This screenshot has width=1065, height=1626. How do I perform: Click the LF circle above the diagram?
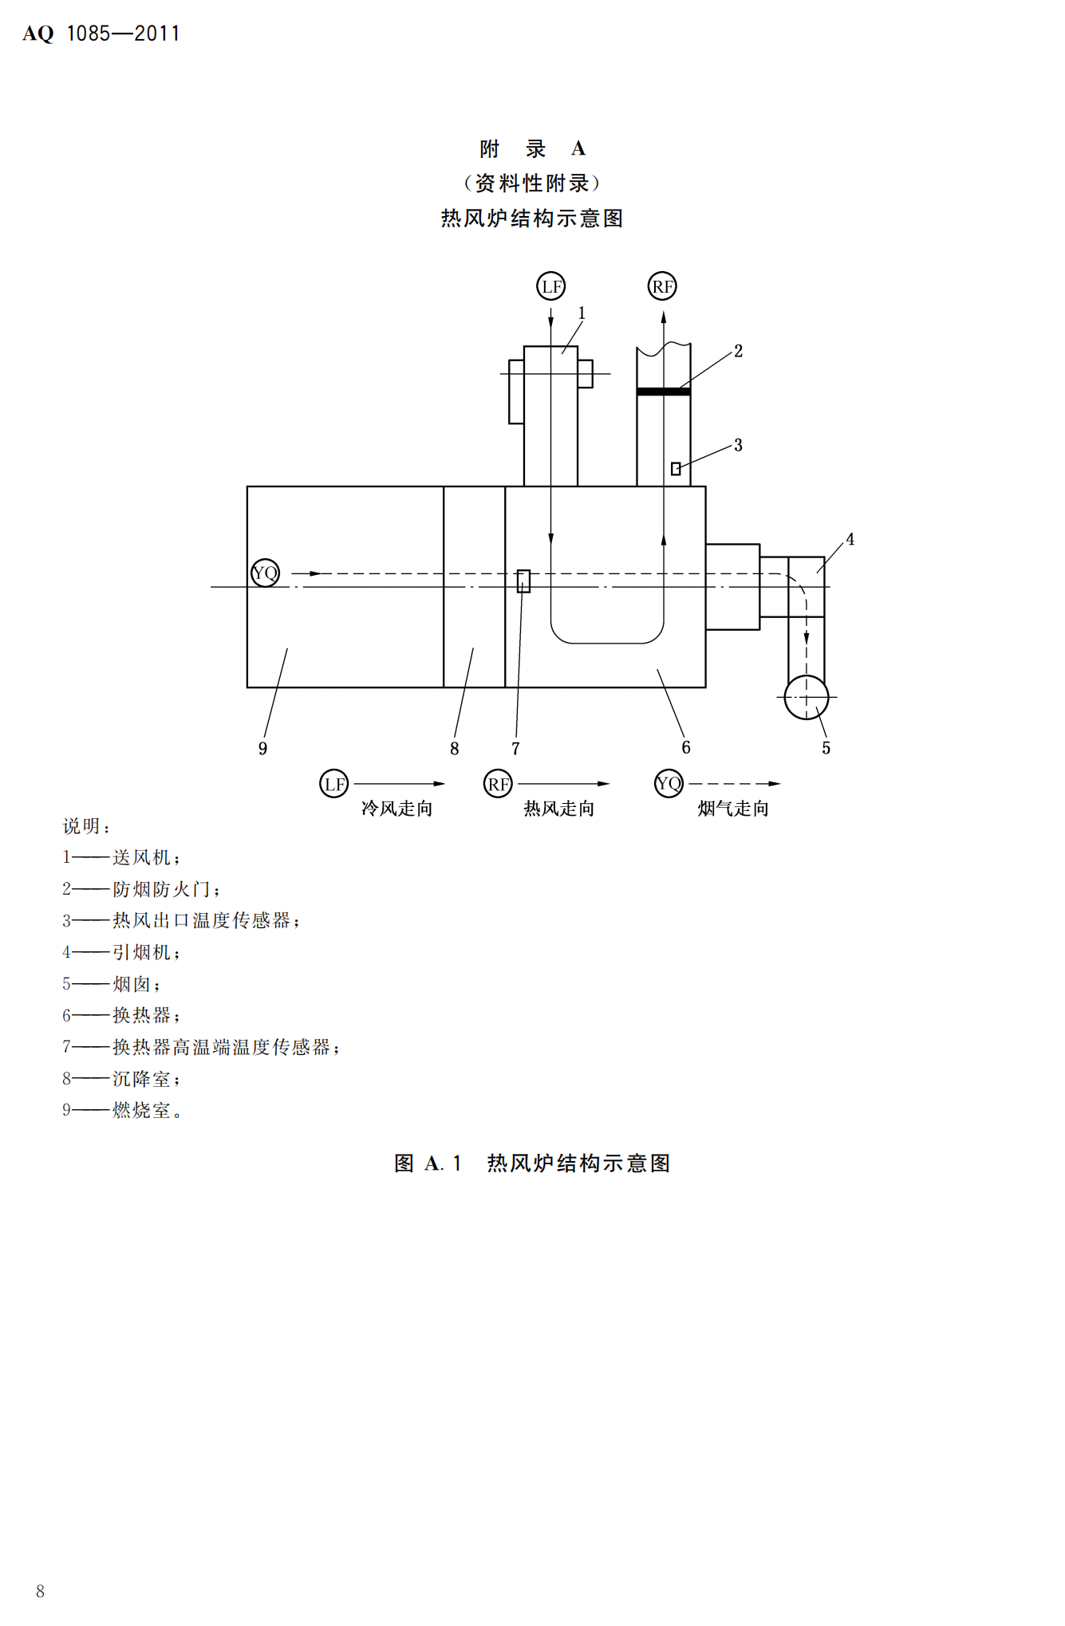pyautogui.click(x=550, y=286)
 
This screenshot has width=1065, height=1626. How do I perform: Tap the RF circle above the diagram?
pyautogui.click(x=662, y=286)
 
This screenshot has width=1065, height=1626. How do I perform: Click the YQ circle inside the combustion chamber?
pyautogui.click(x=265, y=573)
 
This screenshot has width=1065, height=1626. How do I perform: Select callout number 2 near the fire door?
pyautogui.click(x=739, y=351)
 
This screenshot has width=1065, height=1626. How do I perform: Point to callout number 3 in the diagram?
pyautogui.click(x=739, y=445)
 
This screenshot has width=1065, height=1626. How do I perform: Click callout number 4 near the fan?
pyautogui.click(x=850, y=540)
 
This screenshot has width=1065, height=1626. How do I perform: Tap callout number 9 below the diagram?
pyautogui.click(x=262, y=748)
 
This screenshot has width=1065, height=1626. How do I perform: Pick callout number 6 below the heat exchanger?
pyautogui.click(x=686, y=747)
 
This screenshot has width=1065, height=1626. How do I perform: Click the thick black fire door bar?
pyautogui.click(x=664, y=392)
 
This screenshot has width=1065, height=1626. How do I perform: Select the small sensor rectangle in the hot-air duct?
pyautogui.click(x=676, y=469)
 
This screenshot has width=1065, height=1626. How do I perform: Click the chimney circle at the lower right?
pyautogui.click(x=807, y=697)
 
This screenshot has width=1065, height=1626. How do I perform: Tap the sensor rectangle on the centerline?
pyautogui.click(x=523, y=581)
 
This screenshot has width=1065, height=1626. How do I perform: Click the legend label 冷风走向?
pyautogui.click(x=396, y=809)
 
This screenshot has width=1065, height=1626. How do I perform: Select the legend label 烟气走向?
pyautogui.click(x=733, y=809)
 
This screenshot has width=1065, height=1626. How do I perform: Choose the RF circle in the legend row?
pyautogui.click(x=498, y=784)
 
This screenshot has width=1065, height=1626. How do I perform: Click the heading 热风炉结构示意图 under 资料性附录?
pyautogui.click(x=532, y=219)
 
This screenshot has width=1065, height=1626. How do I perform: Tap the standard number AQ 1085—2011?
pyautogui.click(x=101, y=33)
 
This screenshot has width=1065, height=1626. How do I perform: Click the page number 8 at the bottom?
pyautogui.click(x=41, y=1591)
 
